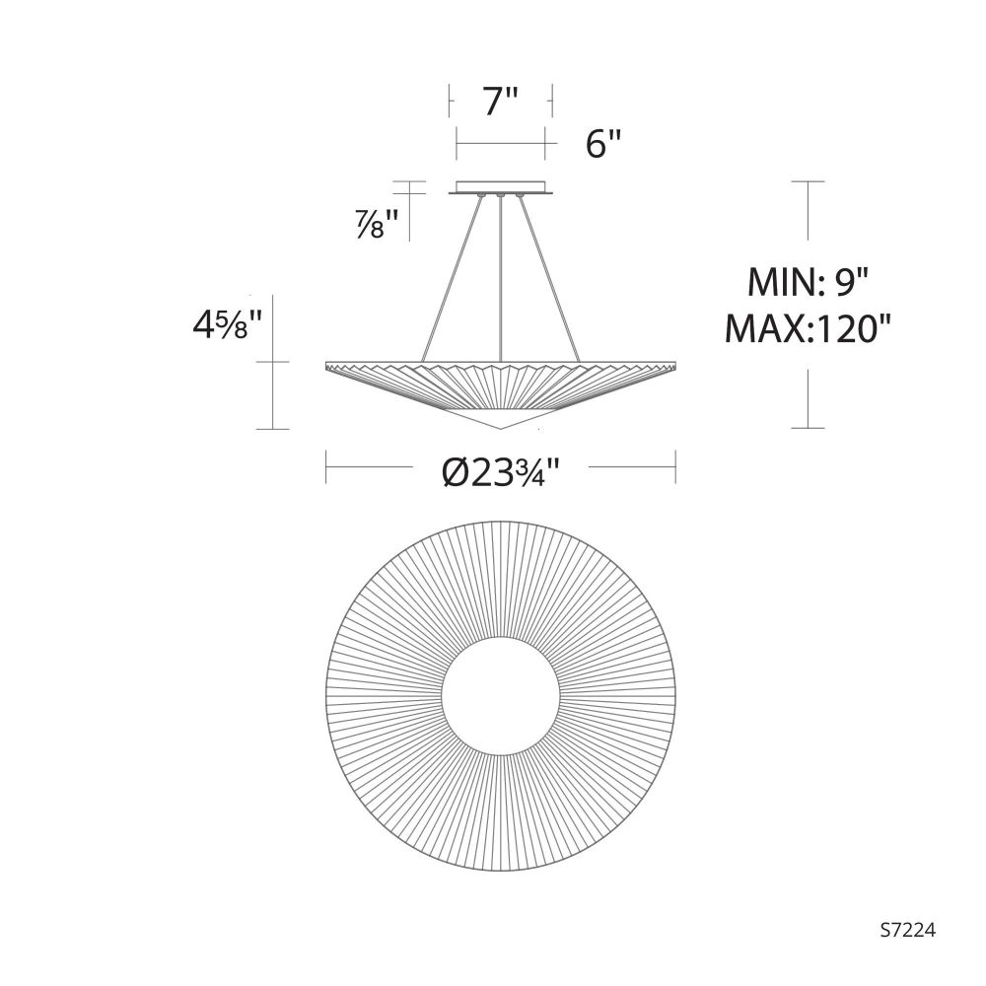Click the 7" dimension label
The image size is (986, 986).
(501, 102)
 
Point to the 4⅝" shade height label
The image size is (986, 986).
(227, 326)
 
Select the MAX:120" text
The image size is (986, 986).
(809, 328)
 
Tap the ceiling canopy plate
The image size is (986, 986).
(501, 187)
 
